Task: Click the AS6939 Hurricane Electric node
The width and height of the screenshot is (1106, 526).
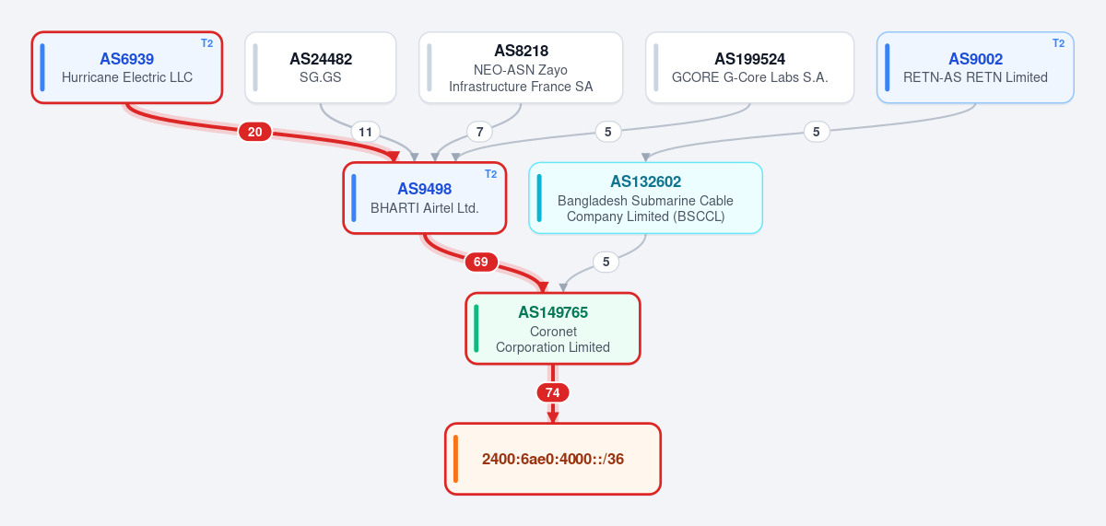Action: coord(127,67)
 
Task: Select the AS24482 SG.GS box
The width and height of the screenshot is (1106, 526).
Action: coord(321,67)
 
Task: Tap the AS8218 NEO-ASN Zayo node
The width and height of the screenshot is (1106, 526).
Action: coord(521,67)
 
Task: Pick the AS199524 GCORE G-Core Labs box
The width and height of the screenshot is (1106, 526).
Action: coord(749,67)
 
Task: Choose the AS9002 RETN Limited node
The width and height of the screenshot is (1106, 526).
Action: coord(975,67)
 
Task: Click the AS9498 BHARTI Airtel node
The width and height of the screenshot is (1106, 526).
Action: coord(425,198)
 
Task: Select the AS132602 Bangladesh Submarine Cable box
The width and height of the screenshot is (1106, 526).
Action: coord(645,198)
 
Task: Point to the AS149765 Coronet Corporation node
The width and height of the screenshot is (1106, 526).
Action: coord(553,329)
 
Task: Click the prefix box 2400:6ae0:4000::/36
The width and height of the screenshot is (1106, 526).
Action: coord(553,459)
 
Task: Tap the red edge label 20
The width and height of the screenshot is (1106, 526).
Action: coord(254,132)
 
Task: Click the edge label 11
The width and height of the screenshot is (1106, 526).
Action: coord(365,132)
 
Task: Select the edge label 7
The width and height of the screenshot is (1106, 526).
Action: coord(479,132)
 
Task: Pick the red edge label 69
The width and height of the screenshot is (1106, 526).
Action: coord(481,262)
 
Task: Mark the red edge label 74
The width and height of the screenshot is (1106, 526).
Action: coord(552,392)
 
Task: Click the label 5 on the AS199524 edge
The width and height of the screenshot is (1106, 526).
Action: coord(607,132)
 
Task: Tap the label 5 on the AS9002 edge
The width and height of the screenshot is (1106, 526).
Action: coord(817,132)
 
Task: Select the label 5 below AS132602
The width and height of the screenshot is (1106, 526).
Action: coord(606,262)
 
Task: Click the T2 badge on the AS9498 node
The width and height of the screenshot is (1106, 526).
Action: coord(490,174)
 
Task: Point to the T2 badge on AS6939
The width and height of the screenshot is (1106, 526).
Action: coord(206,43)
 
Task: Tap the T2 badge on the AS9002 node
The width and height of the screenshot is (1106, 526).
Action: coord(1059,43)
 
